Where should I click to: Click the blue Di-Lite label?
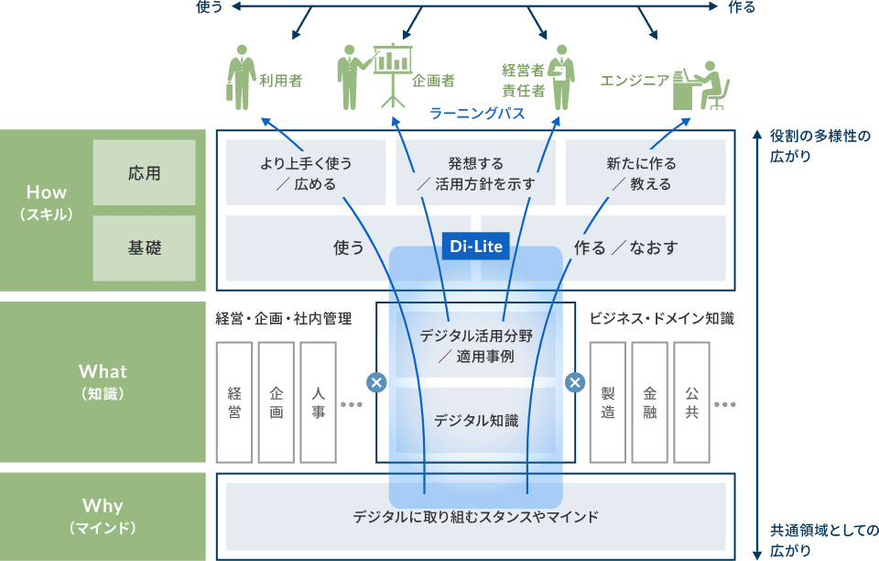click(474, 247)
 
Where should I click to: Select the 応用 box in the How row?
click(145, 172)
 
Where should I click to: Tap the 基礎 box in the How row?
click(145, 247)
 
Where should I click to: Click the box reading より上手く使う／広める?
click(306, 173)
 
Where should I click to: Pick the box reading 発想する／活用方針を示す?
click(475, 173)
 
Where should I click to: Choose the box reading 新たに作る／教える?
click(646, 173)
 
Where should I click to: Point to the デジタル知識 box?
click(475, 421)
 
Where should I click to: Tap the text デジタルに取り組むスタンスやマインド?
click(475, 517)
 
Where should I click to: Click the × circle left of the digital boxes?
click(375, 382)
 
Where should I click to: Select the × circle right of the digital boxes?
click(575, 382)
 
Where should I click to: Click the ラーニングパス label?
click(476, 114)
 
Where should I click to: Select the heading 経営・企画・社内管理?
click(283, 319)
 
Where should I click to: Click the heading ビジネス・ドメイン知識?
click(661, 319)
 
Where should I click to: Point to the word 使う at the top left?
click(210, 7)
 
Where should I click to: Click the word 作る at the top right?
click(742, 7)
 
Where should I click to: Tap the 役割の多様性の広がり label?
click(819, 146)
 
